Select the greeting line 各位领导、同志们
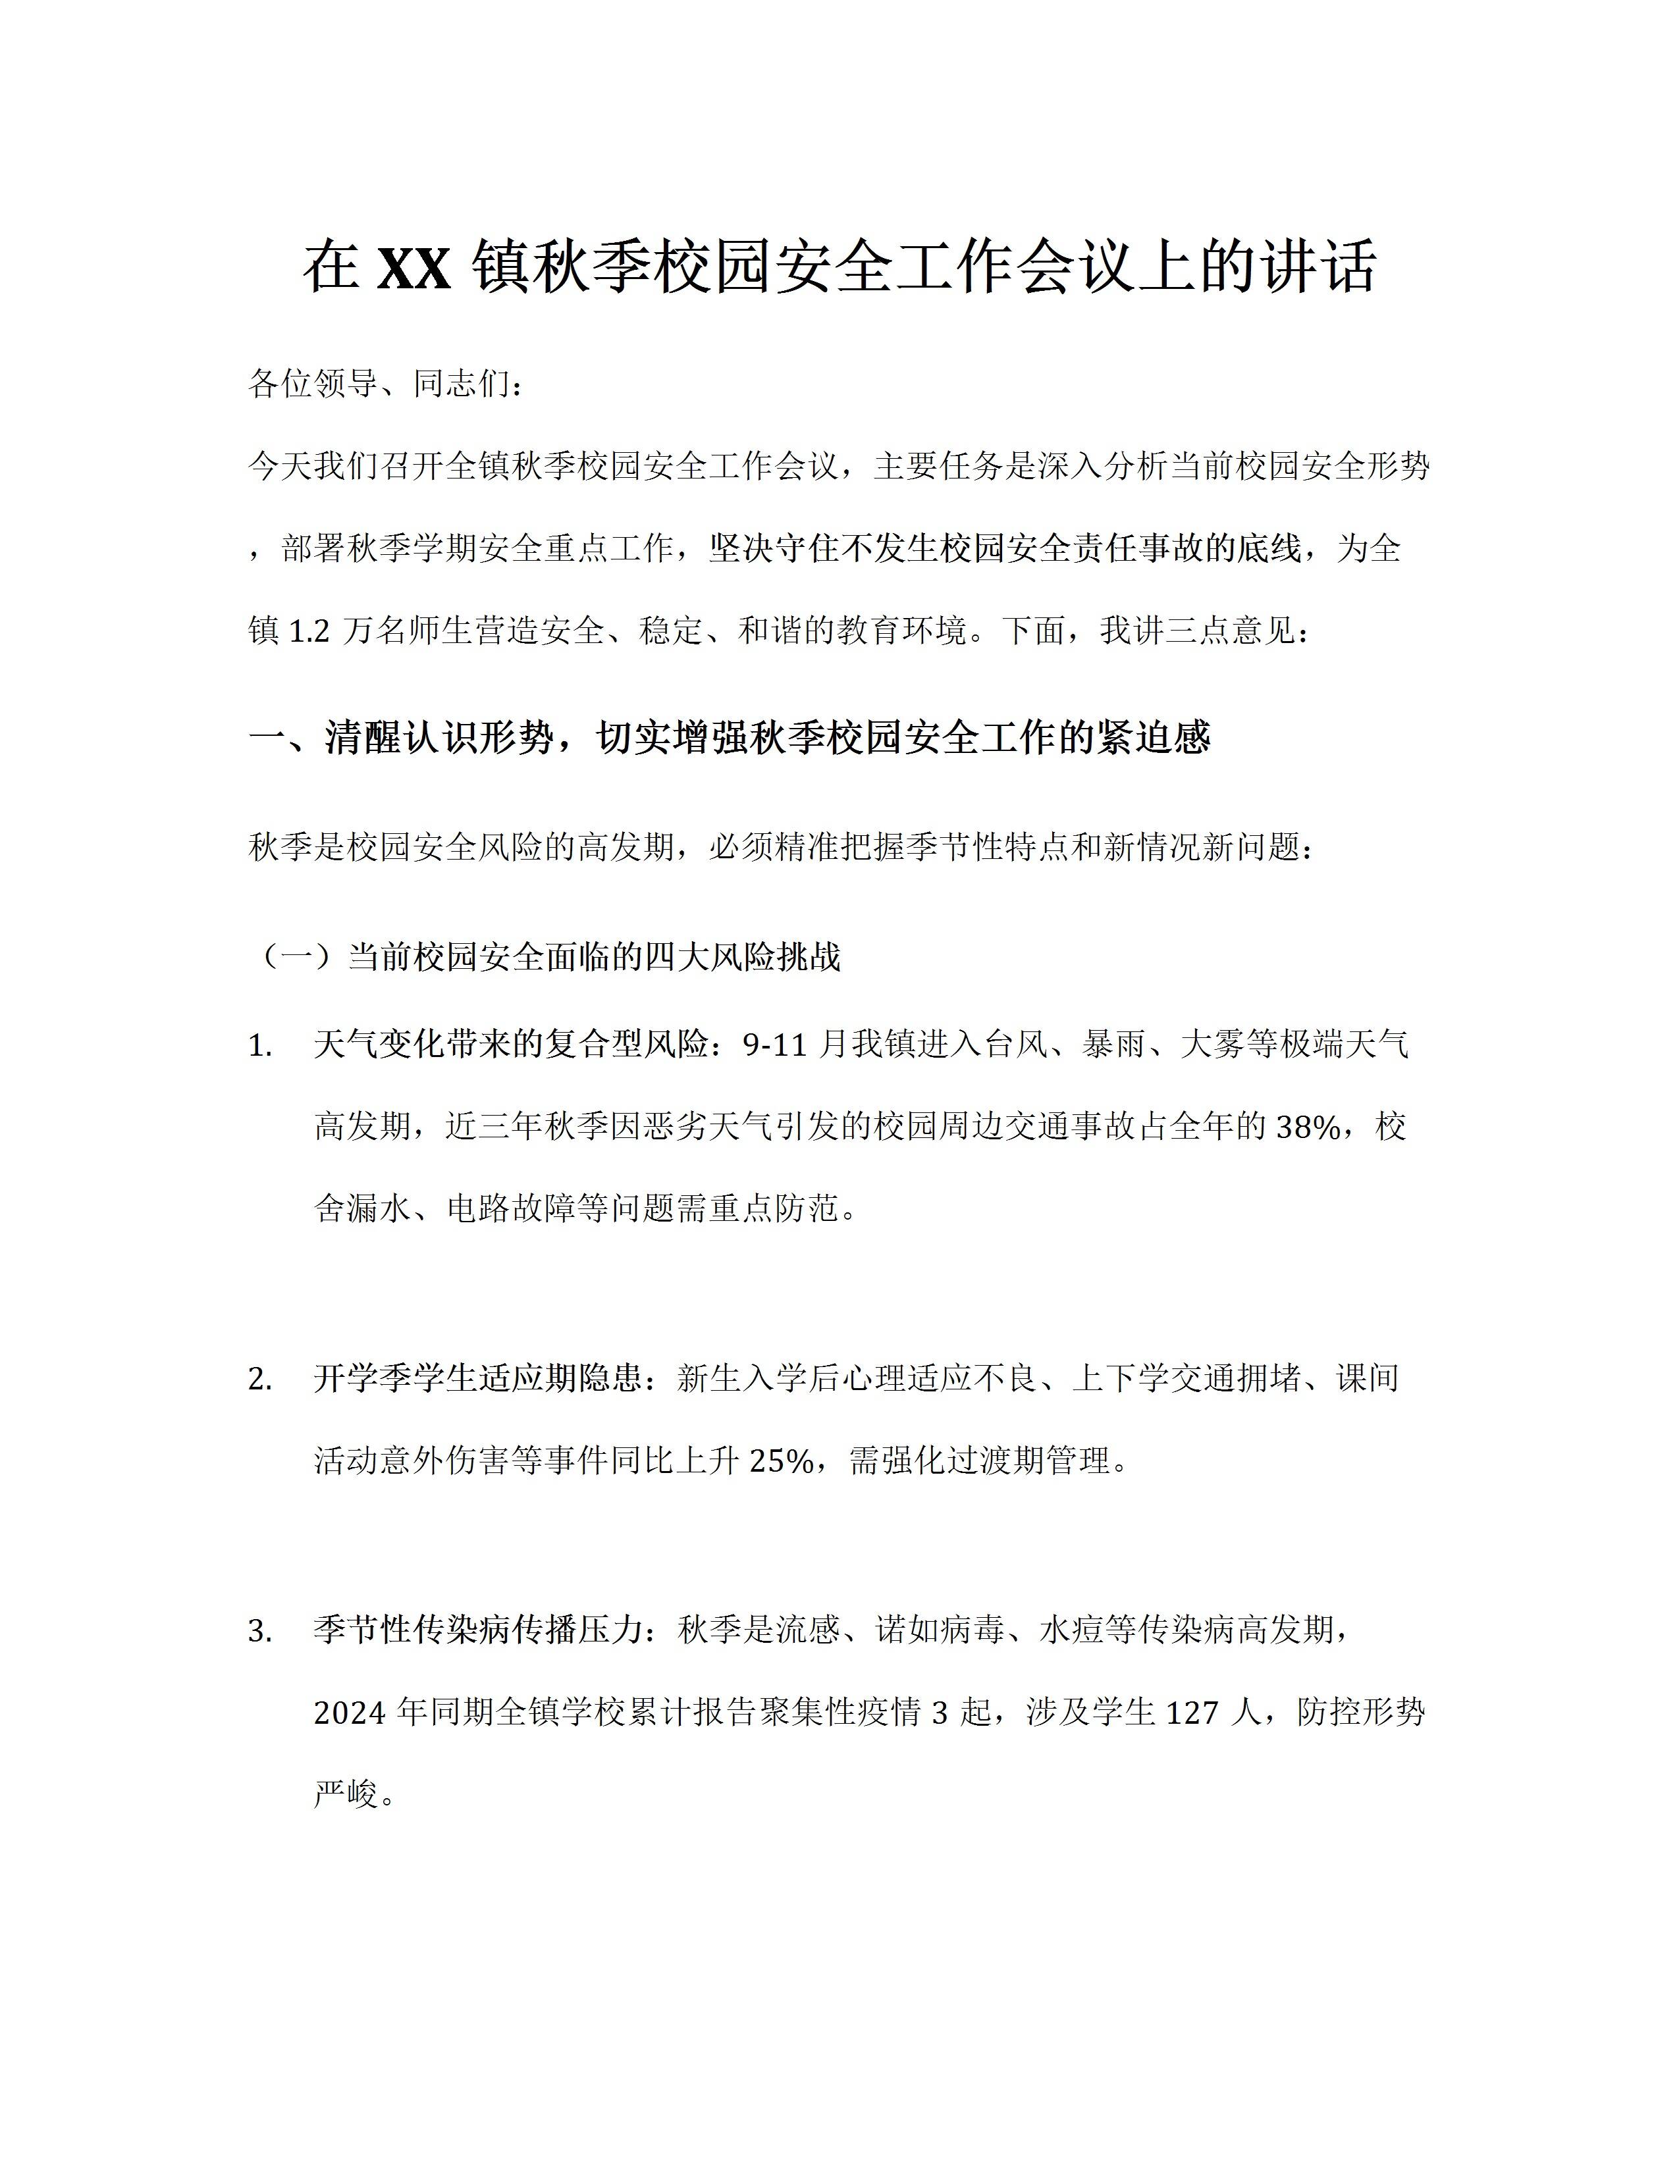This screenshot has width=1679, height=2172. pos(386,383)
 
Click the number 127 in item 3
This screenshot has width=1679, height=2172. pos(1192,1713)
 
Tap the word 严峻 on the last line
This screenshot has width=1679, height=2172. pos(347,1794)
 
